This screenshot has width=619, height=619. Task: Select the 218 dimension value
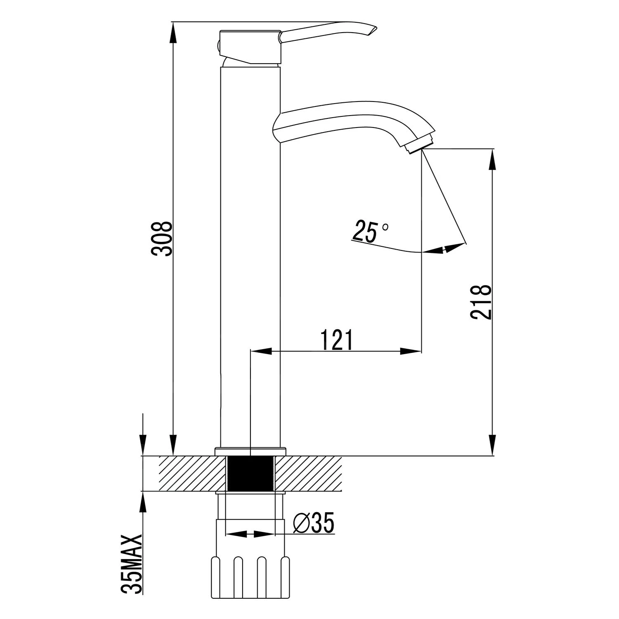point(481,302)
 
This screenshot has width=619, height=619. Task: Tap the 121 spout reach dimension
point(337,339)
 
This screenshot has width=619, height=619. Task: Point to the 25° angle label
point(370,231)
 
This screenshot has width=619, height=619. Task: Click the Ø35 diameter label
point(314,523)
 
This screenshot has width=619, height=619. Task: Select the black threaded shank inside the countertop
point(251,474)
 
